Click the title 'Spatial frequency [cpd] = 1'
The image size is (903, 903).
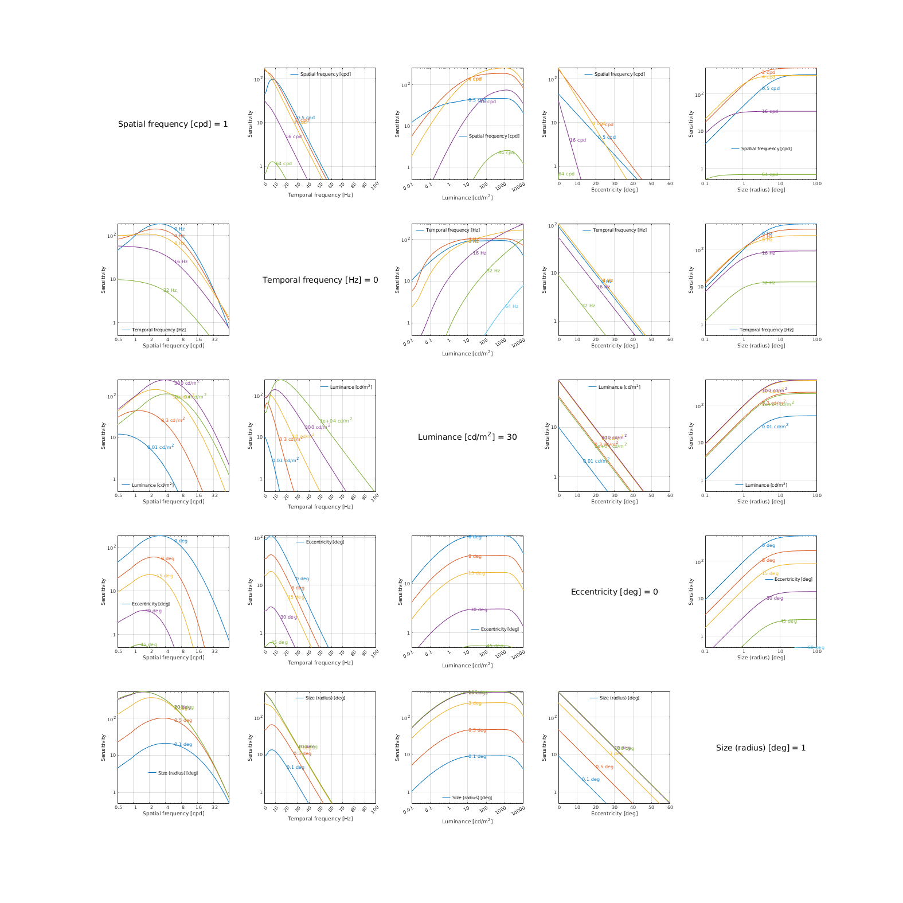point(173,124)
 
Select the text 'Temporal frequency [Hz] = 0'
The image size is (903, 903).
point(320,280)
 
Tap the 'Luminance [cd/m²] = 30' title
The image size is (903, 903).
point(467,437)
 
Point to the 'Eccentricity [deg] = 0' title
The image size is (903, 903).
point(614,592)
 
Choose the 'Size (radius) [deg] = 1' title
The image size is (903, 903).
point(761,748)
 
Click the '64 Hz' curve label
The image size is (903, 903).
point(511,306)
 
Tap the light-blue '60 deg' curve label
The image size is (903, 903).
point(816,648)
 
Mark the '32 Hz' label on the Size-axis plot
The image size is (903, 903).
point(768,283)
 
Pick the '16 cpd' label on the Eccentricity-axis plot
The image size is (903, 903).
point(577,140)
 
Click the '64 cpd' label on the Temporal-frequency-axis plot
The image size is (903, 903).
point(284,163)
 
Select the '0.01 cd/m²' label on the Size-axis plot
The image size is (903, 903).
point(775,427)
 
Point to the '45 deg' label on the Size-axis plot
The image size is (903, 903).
point(788,621)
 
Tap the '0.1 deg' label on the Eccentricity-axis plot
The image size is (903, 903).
point(591,779)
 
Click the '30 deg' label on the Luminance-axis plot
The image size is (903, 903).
point(479,609)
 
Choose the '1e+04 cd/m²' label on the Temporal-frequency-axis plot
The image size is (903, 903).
point(335,420)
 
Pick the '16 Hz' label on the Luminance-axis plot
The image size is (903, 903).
point(479,253)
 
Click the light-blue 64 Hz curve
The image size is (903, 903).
point(502,312)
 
